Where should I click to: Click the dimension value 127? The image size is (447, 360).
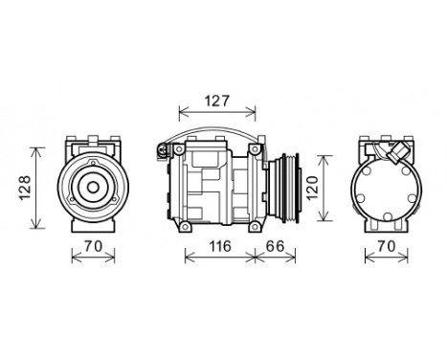[217, 101]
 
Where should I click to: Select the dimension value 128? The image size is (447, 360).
[25, 188]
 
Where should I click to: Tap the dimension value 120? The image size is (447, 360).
[313, 188]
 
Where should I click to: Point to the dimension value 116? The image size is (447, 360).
[220, 246]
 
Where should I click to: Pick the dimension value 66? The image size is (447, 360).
[275, 246]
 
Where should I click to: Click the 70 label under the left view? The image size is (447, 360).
[93, 246]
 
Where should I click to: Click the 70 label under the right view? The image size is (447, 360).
[387, 246]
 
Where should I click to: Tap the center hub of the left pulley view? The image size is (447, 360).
[93, 188]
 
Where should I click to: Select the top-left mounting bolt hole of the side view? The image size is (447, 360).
[179, 149]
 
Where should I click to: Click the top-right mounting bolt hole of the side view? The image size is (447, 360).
[255, 149]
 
